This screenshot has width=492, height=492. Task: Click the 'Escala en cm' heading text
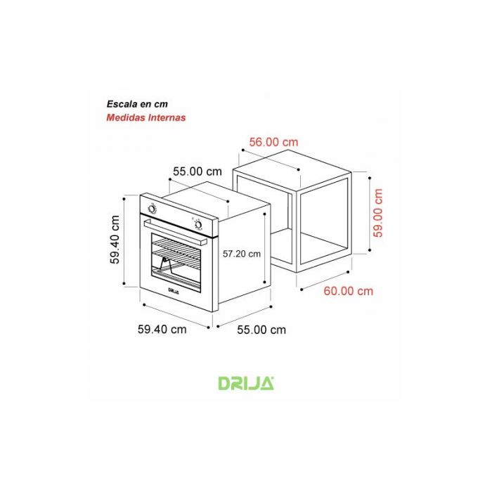(137, 104)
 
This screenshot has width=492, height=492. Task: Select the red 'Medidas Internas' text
(146, 117)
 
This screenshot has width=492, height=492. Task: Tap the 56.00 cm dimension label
(273, 142)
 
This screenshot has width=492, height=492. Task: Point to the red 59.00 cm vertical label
(378, 213)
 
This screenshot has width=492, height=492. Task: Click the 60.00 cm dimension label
(349, 291)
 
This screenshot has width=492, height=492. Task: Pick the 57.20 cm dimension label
(242, 254)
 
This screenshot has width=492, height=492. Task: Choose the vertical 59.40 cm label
(115, 240)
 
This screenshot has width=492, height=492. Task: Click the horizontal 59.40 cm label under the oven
(162, 330)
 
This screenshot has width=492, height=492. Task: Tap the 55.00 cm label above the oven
(198, 171)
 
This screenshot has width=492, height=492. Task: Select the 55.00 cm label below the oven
(261, 330)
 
